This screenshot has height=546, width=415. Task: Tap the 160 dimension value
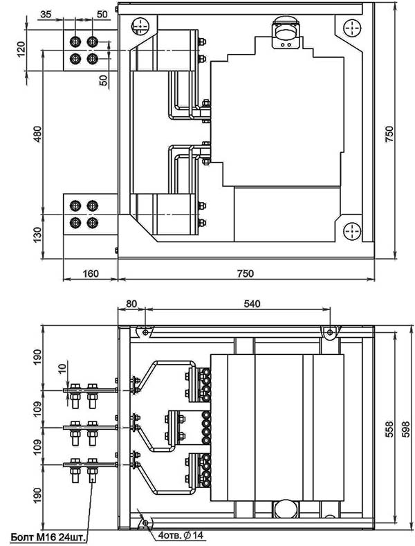(90, 273)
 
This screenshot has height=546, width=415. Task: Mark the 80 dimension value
(131, 303)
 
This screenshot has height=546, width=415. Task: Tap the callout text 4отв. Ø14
(182, 535)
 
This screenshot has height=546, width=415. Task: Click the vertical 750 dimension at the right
(389, 131)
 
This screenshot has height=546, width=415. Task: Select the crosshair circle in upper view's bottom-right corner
(351, 230)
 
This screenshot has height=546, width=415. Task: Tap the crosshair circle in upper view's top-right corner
(351, 26)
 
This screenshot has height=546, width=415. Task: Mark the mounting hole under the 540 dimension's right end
(330, 333)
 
